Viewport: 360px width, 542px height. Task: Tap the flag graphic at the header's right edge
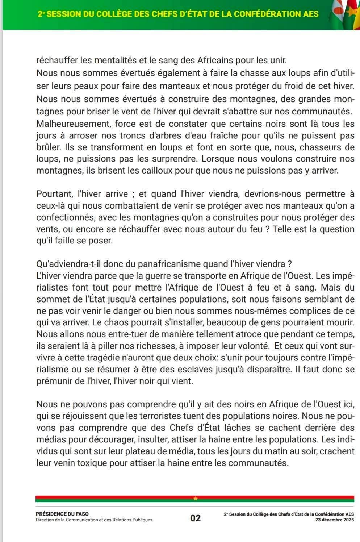pyautogui.click(x=344, y=14)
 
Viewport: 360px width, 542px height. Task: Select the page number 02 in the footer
pyautogui.click(x=196, y=518)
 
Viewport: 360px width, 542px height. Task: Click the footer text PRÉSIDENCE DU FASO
pyautogui.click(x=62, y=514)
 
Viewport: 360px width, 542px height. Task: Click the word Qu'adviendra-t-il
pyautogui.click(x=67, y=264)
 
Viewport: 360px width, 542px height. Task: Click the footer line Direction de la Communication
pyautogui.click(x=94, y=520)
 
